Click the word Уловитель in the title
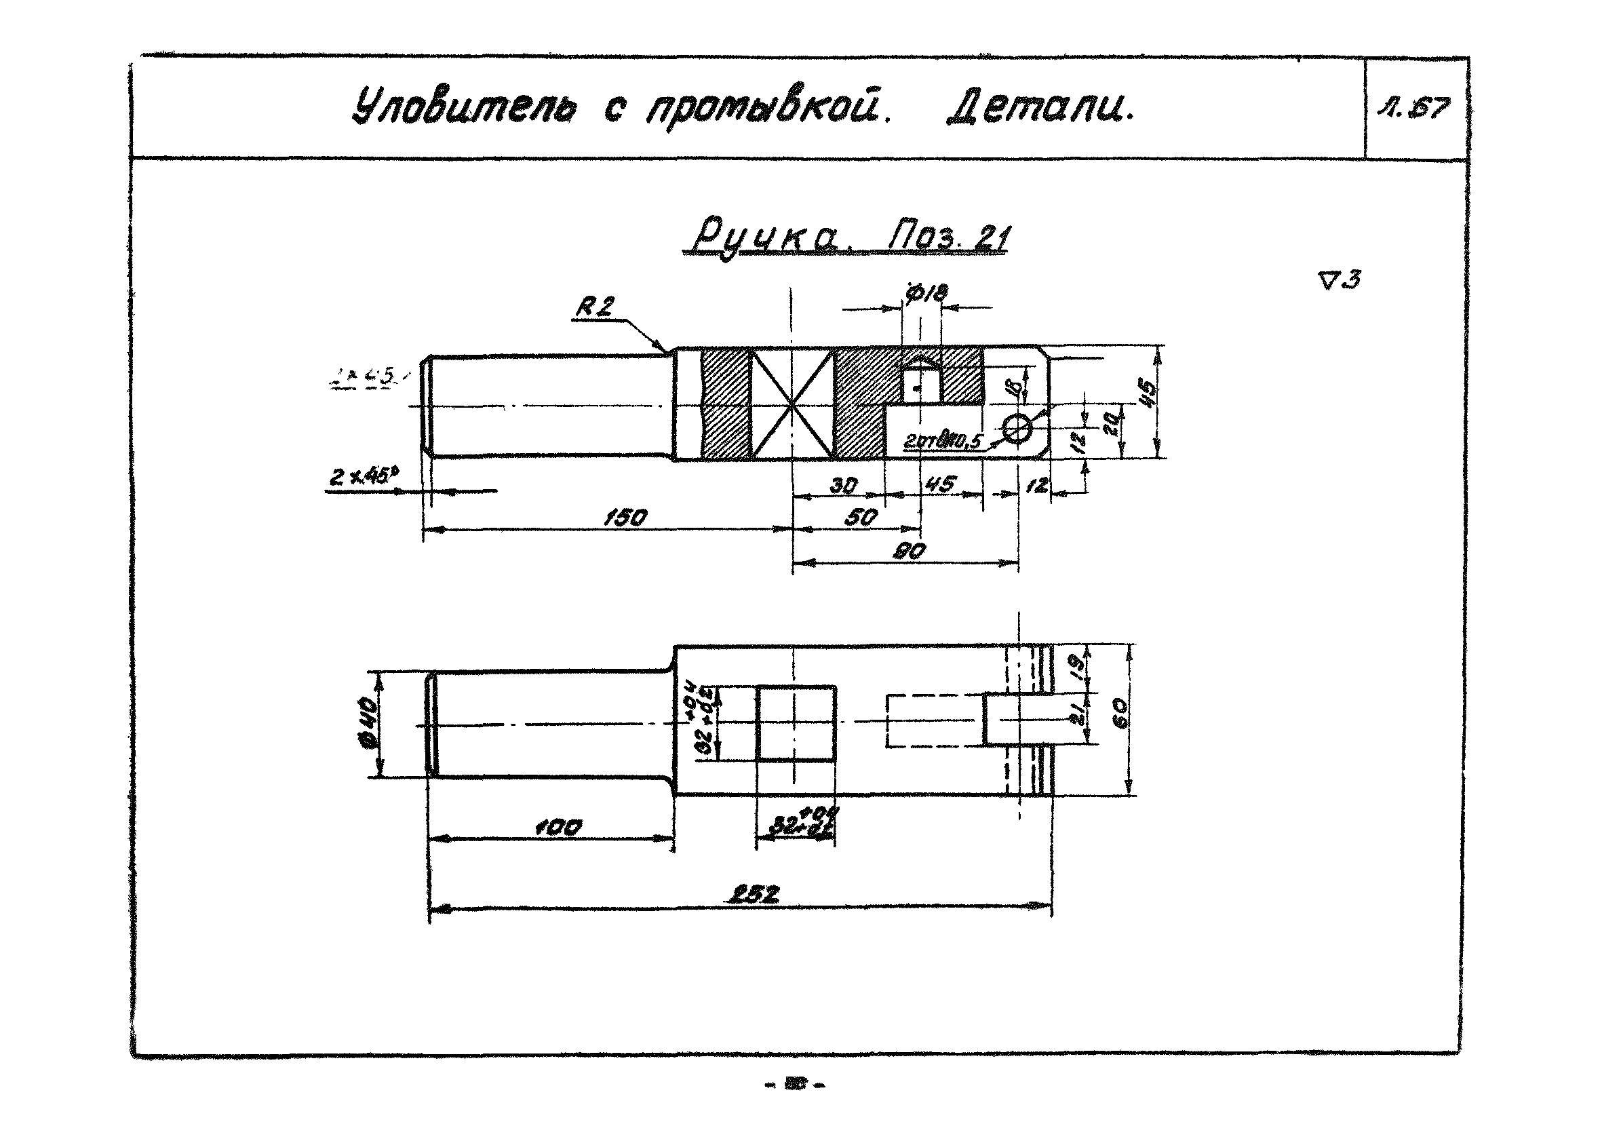[x=464, y=108]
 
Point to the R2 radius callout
[x=594, y=307]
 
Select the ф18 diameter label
[x=926, y=292]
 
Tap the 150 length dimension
[x=625, y=517]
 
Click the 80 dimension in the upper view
[x=909, y=552]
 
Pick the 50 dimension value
[x=860, y=517]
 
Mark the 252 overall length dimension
[x=754, y=895]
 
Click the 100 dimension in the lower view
[x=558, y=828]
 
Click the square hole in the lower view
[x=796, y=723]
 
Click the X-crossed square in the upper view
[x=792, y=404]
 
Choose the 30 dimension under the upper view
[x=843, y=485]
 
